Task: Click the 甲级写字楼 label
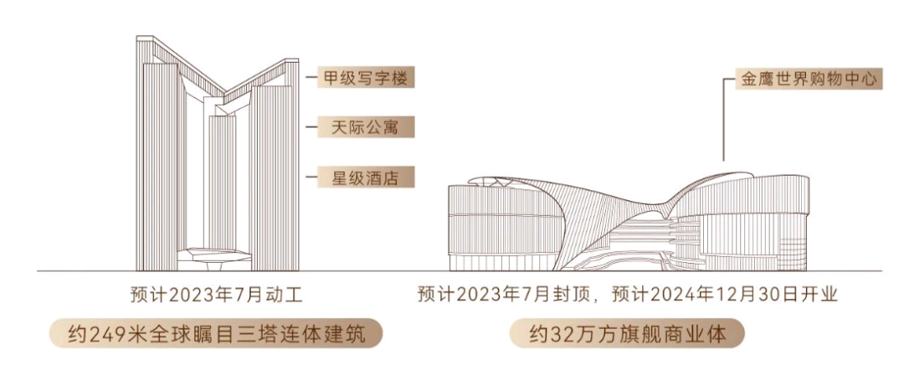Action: pos(366,77)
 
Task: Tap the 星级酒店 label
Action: pos(366,177)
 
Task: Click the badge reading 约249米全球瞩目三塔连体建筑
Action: pos(216,334)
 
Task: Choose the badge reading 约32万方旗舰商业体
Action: pos(627,334)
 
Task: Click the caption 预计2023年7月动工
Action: pos(216,296)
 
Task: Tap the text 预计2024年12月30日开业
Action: pos(724,296)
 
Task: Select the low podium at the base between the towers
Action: pos(214,260)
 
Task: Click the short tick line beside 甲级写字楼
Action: pos(311,77)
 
